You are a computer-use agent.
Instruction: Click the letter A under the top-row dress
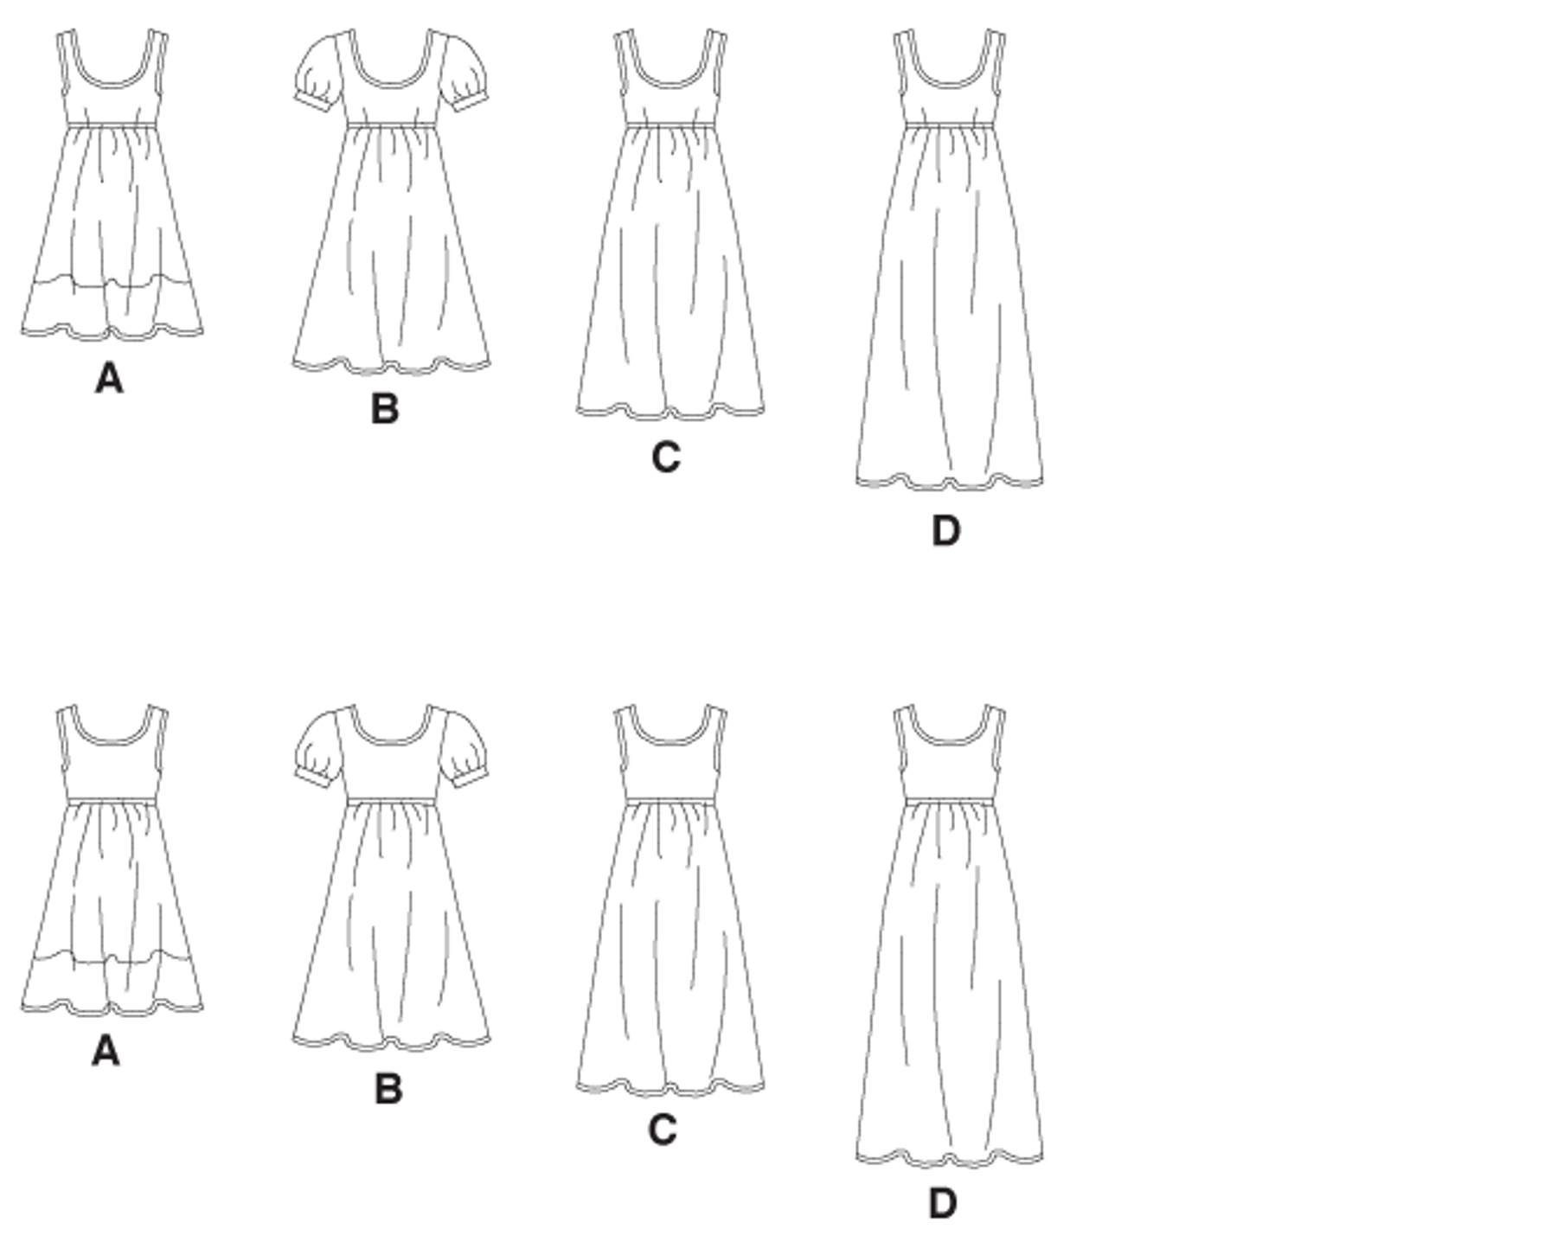(x=109, y=379)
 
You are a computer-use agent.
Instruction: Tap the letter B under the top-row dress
(x=385, y=408)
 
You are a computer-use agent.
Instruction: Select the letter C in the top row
(x=666, y=457)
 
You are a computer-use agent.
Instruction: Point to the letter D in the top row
(x=946, y=530)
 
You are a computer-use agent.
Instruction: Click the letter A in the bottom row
(x=106, y=1052)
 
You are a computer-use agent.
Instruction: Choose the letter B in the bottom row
(x=388, y=1089)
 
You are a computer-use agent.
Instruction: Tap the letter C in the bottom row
(x=663, y=1130)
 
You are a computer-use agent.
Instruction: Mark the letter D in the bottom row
(x=943, y=1203)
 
